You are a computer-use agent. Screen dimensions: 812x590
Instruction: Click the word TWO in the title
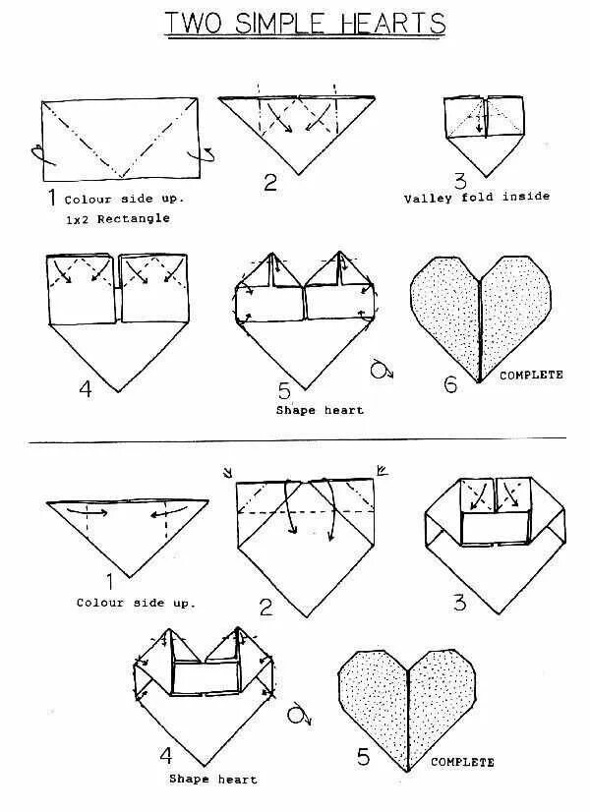coord(195,23)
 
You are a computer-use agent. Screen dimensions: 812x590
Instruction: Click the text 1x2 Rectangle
coord(117,218)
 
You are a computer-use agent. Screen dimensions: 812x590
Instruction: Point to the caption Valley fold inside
coord(477,198)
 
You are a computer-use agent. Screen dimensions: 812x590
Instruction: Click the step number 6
coord(450,383)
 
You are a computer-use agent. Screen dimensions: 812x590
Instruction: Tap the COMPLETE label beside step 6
coord(532,375)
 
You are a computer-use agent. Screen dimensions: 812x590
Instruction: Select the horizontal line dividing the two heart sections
coord(295,440)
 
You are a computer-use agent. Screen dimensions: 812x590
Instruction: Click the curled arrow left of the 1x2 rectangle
coord(36,154)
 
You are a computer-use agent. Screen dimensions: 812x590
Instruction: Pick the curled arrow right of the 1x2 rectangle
coord(209,154)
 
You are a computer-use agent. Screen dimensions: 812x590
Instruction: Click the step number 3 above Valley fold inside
coord(459,180)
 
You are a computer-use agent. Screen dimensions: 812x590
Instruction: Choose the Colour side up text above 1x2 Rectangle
coord(124,199)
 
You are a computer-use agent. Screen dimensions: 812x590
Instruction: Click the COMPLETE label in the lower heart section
coord(462,762)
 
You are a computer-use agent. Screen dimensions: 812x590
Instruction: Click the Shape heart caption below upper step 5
coord(320,410)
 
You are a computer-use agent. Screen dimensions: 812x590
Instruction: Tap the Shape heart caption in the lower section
coord(212,779)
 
